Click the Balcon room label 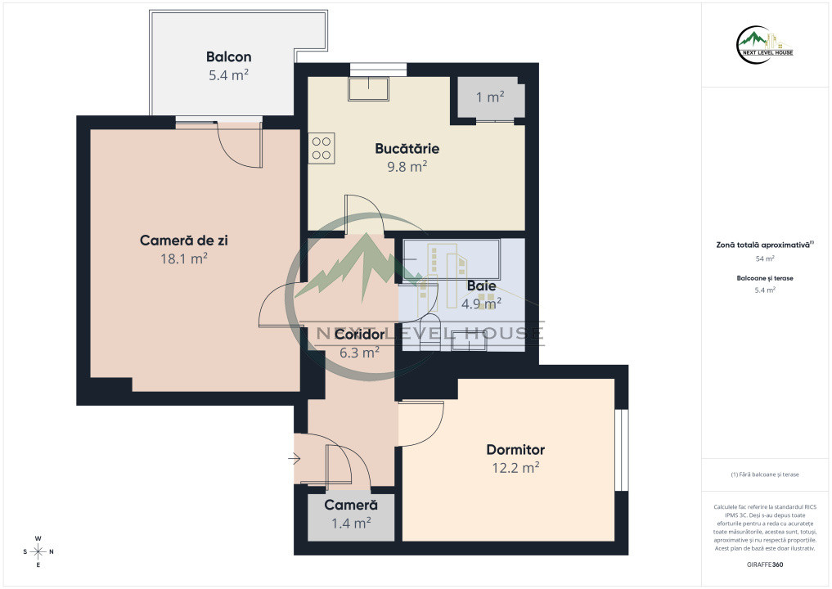[x=229, y=56]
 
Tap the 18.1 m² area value [x=184, y=259]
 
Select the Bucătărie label [x=407, y=149]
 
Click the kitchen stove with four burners [x=322, y=148]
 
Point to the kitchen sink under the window [x=368, y=88]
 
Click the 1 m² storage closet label [x=490, y=97]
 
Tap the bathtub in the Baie [x=452, y=259]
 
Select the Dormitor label [x=515, y=450]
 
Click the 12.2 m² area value [x=515, y=467]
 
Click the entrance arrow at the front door [x=295, y=458]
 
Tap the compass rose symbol [x=38, y=552]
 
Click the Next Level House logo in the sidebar [x=765, y=45]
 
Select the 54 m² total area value [x=765, y=259]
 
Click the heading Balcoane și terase [x=765, y=278]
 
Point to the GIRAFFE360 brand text [x=765, y=564]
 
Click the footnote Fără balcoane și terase [x=765, y=474]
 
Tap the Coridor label [x=360, y=335]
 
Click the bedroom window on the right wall [x=622, y=450]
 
